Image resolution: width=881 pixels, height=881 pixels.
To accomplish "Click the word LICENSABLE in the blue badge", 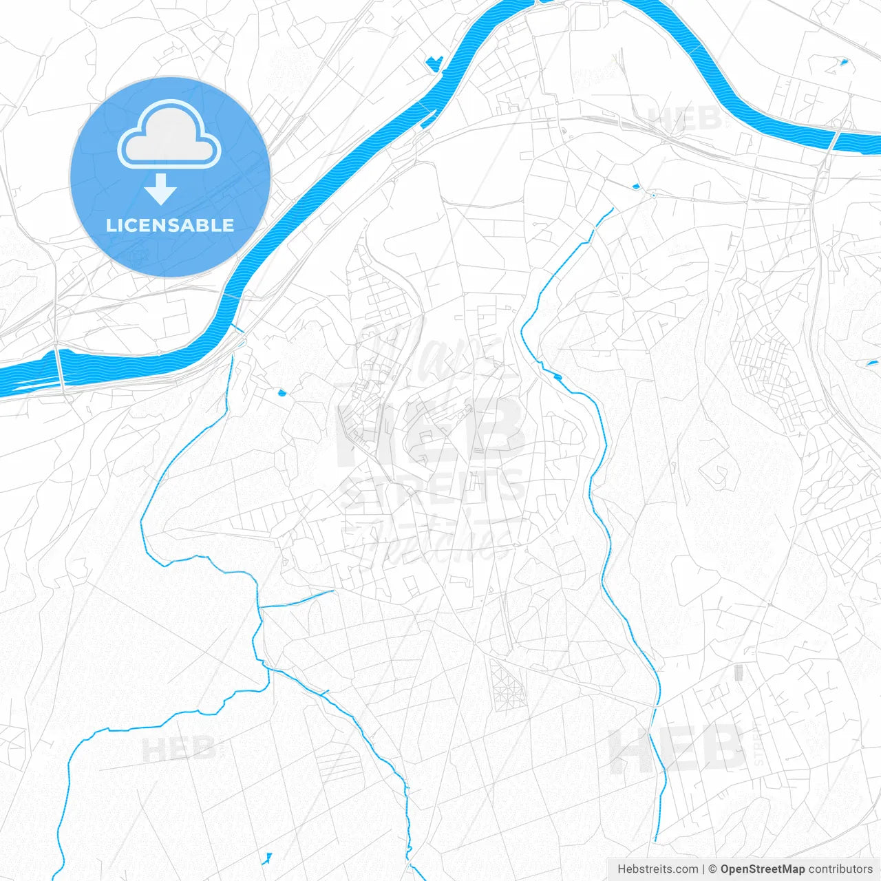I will (170, 225).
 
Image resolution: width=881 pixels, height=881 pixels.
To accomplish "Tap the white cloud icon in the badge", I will (169, 135).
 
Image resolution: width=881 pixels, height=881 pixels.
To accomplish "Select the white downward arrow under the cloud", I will (160, 189).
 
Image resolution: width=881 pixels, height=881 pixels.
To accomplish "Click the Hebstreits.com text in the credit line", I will (657, 869).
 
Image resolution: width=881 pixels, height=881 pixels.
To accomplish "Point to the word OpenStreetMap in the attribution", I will (762, 869).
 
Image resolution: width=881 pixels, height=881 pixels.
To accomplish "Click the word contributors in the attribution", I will (840, 869).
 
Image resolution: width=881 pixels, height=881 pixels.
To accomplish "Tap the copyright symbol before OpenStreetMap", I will (713, 869).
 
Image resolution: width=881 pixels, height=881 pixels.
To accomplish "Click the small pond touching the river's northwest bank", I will (434, 63).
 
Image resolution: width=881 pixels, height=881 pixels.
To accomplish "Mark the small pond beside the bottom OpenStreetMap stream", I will (268, 857).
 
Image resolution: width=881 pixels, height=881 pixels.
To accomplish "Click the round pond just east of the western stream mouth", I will (281, 393).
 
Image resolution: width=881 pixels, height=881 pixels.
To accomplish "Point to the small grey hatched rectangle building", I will (739, 672).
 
